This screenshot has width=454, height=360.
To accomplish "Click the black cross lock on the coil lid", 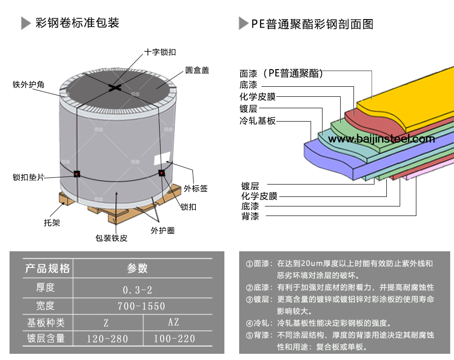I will (x=115, y=87).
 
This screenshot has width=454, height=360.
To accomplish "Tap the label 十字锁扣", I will (x=160, y=52).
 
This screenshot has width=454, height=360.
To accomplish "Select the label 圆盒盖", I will (x=197, y=71).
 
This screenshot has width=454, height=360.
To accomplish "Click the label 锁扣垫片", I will (x=29, y=177).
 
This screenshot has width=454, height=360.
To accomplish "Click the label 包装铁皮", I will (x=111, y=238).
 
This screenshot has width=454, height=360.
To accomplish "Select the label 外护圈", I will (x=162, y=231).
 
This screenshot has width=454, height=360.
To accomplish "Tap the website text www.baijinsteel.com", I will (x=382, y=139).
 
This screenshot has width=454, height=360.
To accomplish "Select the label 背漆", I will (x=250, y=216).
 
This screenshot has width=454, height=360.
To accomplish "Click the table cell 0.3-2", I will (x=138, y=289).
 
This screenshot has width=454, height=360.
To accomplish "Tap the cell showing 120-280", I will (x=108, y=339).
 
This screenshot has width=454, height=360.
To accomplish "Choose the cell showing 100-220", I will (x=174, y=339).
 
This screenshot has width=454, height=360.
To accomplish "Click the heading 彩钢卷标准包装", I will (x=77, y=22).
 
